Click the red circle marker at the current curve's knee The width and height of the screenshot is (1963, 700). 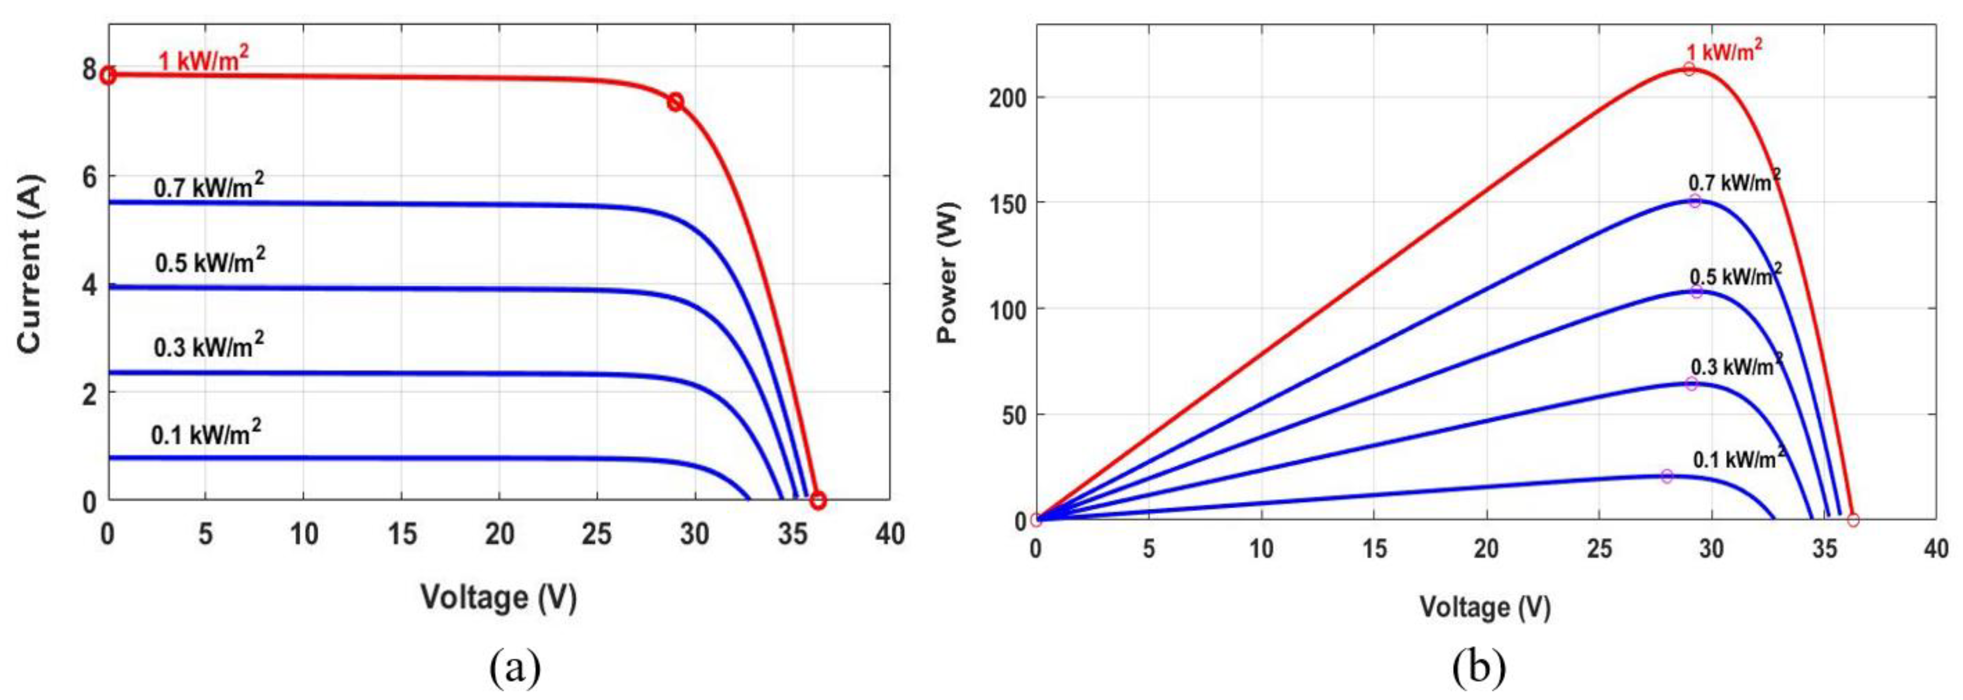point(675,102)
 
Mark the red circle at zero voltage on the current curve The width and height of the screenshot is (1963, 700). point(108,76)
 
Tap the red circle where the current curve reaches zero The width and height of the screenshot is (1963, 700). point(818,500)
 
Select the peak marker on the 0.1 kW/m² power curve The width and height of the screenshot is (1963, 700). point(1667,476)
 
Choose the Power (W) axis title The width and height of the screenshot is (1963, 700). point(947,272)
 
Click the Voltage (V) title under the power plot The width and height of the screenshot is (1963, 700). point(1485,606)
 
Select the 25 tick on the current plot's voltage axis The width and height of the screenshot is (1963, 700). point(597,534)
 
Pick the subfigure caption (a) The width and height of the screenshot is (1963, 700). point(515,669)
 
